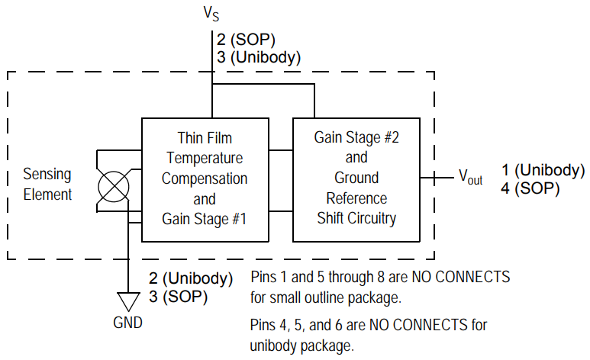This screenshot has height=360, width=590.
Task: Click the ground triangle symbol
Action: tap(127, 300)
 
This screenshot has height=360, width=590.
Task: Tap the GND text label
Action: tap(127, 323)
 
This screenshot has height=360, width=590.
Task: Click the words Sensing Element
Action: tap(47, 184)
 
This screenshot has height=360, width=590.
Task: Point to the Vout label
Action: tap(469, 178)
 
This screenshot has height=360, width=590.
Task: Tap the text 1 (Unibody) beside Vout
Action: tap(543, 169)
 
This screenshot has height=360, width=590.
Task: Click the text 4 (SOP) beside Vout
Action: tap(530, 188)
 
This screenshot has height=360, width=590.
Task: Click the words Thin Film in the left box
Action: tap(205, 138)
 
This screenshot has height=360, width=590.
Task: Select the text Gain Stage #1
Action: tap(205, 218)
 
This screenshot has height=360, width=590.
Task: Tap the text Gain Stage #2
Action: tap(356, 138)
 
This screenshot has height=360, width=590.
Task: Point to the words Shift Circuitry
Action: tap(356, 218)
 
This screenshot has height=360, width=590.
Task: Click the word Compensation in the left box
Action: tap(205, 178)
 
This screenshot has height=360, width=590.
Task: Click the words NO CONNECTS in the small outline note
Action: tap(463, 276)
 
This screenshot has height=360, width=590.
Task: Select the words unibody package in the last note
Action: tap(302, 346)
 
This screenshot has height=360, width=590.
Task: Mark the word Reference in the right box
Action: tap(356, 198)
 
